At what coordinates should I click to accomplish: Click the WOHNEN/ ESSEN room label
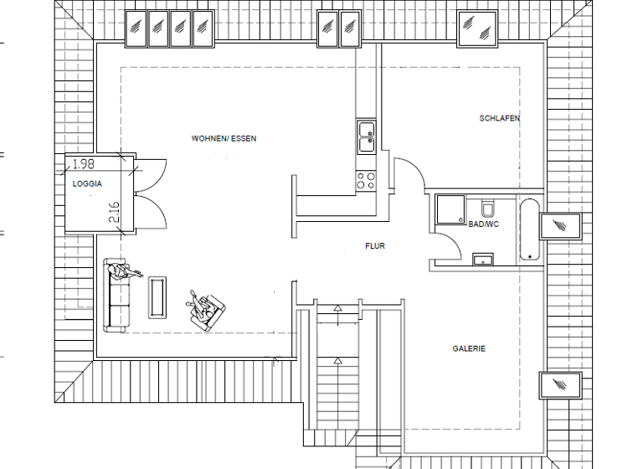click(224, 138)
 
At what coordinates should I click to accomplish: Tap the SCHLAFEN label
click(499, 119)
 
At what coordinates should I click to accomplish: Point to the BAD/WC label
click(484, 225)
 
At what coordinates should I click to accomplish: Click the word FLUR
click(375, 246)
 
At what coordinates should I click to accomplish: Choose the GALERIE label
click(469, 348)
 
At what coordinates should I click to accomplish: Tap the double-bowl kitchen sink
click(367, 137)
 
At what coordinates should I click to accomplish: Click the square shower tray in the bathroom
click(450, 210)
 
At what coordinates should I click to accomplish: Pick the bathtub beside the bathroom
click(528, 230)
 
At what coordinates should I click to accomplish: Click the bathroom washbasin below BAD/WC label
click(482, 260)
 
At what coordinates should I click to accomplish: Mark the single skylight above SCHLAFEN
click(477, 29)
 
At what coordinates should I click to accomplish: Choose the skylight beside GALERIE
click(559, 384)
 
